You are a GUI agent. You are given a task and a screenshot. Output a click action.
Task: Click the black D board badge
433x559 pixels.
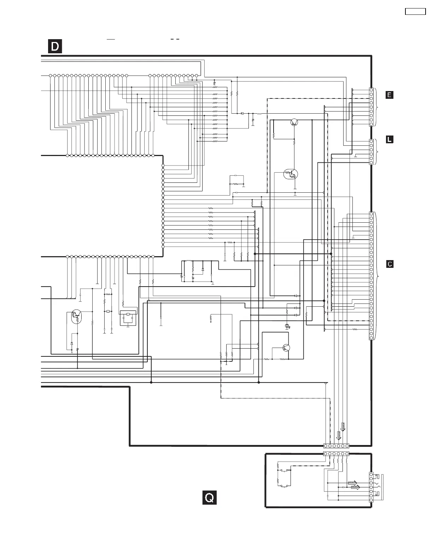coord(55,47)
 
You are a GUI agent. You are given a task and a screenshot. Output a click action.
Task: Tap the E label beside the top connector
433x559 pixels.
coord(389,95)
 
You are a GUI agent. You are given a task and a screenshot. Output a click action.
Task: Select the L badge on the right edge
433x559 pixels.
coord(389,139)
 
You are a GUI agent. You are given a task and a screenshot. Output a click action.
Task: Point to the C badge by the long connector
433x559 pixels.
coord(390,264)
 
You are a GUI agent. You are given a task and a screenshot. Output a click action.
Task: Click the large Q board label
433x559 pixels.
coord(209,498)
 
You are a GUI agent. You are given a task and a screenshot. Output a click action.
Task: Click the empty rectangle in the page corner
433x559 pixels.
coord(415,11)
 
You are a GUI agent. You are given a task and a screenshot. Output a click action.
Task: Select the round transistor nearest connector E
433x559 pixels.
coord(294,122)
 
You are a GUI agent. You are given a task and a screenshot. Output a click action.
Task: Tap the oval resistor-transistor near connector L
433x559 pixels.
coord(291,174)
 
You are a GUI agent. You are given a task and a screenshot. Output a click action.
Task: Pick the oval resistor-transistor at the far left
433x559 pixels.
coord(75,317)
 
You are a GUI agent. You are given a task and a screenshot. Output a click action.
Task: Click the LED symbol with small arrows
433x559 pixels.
coord(287,326)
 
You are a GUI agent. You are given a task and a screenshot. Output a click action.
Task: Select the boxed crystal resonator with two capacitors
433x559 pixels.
coord(128,318)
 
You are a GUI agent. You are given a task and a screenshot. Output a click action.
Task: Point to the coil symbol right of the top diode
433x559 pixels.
coord(259,114)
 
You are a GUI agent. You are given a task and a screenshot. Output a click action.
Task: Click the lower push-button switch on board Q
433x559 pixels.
coord(284,486)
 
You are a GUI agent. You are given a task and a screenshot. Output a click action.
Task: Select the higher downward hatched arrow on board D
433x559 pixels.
coord(343,427)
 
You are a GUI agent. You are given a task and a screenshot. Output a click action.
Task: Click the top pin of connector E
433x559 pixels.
coord(371,90)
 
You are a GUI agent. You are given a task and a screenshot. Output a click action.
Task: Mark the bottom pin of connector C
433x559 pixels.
coord(371,338)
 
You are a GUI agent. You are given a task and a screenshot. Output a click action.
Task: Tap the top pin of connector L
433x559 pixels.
coord(371,142)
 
